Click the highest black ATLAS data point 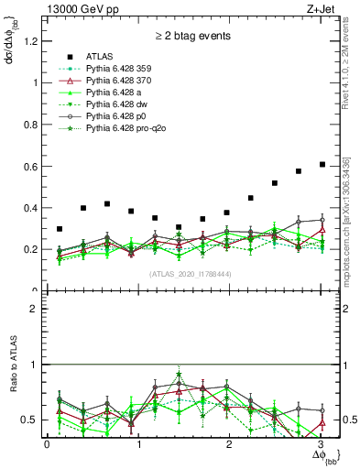click(322, 164)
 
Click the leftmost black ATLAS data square click(60, 229)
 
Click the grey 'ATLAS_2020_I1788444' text click(191, 274)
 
